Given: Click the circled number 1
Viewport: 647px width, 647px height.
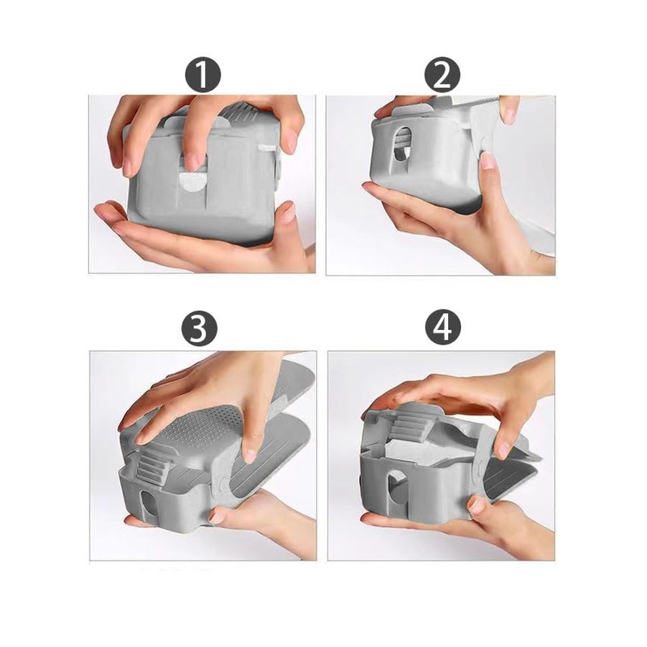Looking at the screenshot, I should [x=204, y=76].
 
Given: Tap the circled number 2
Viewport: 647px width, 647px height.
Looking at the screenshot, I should [x=442, y=76].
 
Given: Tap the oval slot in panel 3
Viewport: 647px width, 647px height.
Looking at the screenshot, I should [x=146, y=502].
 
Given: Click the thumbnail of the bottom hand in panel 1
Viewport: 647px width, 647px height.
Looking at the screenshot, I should [x=285, y=212].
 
